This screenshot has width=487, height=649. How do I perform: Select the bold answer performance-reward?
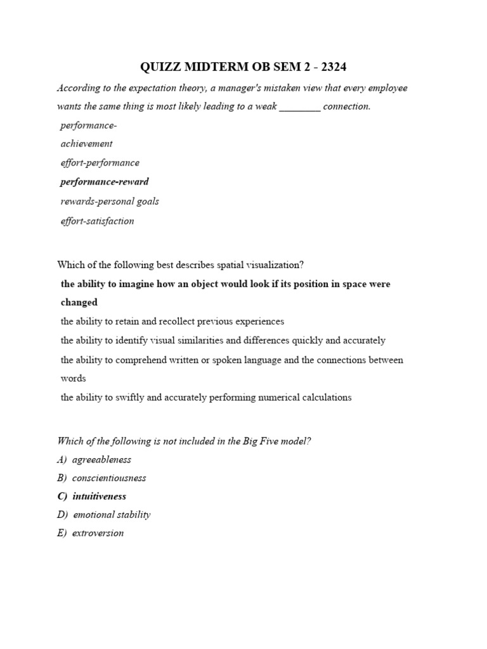105,182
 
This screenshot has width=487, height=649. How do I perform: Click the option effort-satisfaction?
97,221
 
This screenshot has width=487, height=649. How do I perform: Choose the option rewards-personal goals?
109,202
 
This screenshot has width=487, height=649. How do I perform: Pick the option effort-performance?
100,163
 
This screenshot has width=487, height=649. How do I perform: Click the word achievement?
86,144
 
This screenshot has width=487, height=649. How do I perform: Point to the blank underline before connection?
300,106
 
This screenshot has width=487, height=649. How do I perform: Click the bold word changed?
79,302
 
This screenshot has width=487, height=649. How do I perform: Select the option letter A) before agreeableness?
62,459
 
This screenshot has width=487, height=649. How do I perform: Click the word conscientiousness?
109,478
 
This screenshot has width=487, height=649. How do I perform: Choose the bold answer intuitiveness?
99,496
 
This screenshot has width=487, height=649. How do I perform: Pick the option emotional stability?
112,515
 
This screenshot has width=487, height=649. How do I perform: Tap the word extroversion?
98,533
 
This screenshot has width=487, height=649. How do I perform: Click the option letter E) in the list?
62,533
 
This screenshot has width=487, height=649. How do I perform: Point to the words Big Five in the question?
261,441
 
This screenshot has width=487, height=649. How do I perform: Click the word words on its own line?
73,378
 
